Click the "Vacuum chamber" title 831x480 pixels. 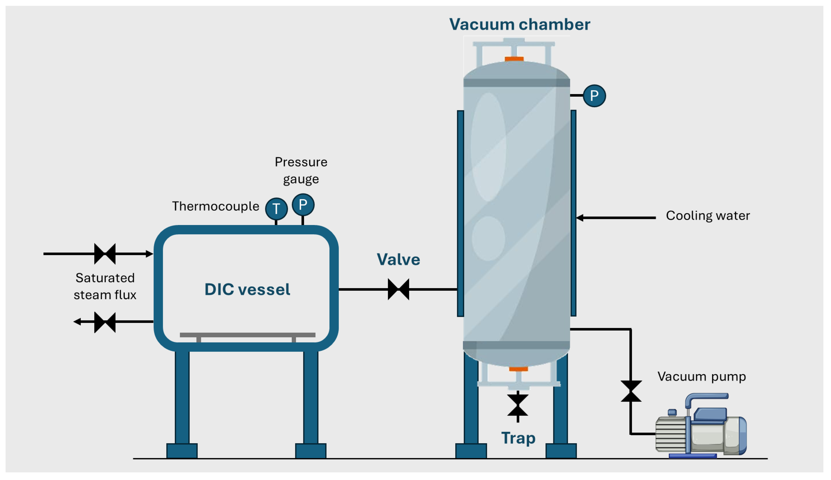click(520, 24)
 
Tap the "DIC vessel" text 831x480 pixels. click(247, 289)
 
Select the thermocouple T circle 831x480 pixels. click(276, 209)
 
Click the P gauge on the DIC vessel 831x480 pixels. click(303, 205)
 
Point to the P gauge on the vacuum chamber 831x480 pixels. click(594, 96)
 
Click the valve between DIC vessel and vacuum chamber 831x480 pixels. click(399, 289)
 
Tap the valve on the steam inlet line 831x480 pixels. click(105, 254)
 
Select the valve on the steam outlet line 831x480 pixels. click(105, 322)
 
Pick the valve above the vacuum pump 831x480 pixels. click(631, 391)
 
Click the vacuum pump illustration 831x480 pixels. click(701, 425)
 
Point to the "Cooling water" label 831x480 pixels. click(708, 216)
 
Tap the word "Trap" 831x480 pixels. click(518, 438)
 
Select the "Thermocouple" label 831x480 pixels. click(216, 206)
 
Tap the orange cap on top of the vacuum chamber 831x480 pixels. click(514, 59)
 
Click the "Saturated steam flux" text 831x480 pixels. click(105, 286)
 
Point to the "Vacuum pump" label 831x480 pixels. click(701, 377)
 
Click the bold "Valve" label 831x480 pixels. click(398, 260)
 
